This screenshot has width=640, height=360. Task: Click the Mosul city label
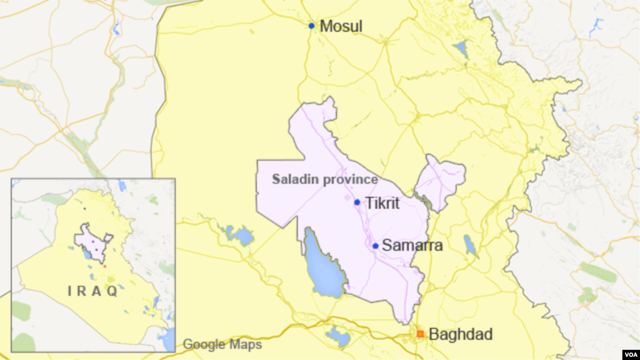tap(341, 26)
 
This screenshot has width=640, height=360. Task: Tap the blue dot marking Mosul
tap(311, 26)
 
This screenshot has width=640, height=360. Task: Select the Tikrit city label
tap(382, 203)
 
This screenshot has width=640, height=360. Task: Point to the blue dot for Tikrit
tap(357, 202)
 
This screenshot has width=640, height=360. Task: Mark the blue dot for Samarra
tap(375, 246)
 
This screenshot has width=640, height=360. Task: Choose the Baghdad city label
tap(461, 334)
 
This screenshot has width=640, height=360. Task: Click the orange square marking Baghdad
tap(420, 334)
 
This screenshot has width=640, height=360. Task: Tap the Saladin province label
tap(325, 179)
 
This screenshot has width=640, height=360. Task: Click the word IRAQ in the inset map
tap(93, 291)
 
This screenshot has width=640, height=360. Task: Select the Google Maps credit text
tap(222, 344)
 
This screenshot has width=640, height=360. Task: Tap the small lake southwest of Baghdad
tap(338, 337)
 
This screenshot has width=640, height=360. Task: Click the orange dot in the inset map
tap(105, 266)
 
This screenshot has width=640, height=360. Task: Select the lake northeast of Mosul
tap(461, 48)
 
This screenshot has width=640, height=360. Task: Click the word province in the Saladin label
tap(353, 180)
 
